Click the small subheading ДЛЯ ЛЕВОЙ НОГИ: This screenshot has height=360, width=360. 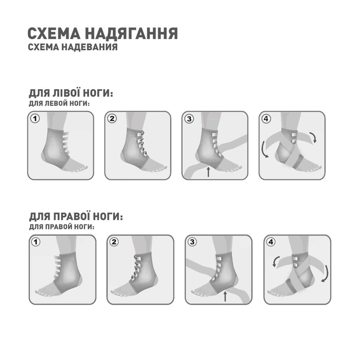point(59,104)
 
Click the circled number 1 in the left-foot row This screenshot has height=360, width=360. point(35,119)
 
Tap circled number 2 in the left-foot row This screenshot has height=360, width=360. point(113,119)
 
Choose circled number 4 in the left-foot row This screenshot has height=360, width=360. point(266,119)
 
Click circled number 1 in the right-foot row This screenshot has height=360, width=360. point(36,242)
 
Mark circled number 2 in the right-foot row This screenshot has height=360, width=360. point(114,242)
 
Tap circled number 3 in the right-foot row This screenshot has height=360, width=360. point(193,242)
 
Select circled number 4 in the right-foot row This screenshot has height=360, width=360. point(271,242)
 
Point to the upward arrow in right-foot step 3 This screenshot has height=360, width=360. point(225,295)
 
